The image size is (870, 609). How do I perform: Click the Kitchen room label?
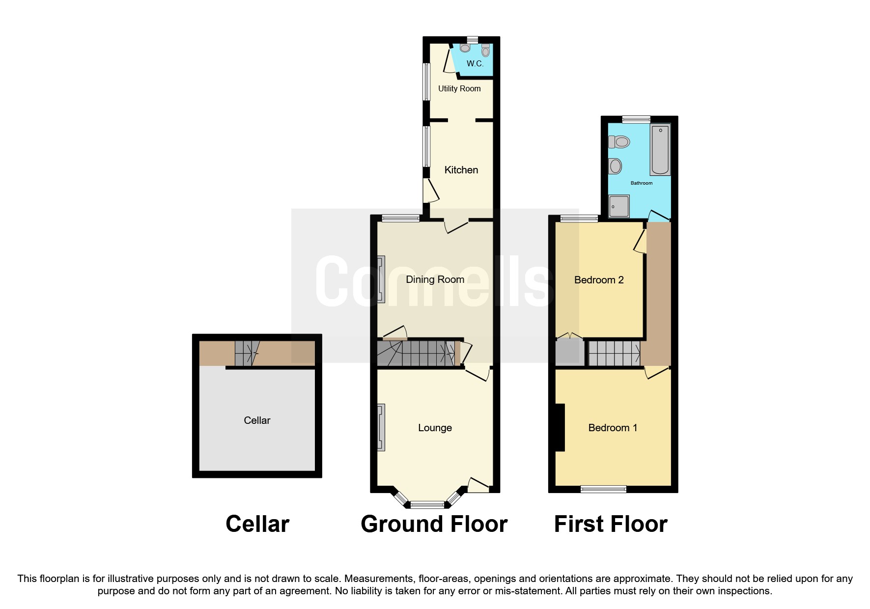pyautogui.click(x=461, y=170)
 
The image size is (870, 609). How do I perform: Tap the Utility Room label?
pyautogui.click(x=459, y=88)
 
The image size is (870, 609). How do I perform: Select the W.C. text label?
pyautogui.click(x=475, y=64)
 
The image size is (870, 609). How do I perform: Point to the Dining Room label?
pyautogui.click(x=435, y=279)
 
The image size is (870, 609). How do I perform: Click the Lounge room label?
pyautogui.click(x=435, y=428)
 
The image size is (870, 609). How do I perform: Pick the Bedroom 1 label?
pyautogui.click(x=613, y=428)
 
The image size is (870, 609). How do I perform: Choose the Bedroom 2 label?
pyautogui.click(x=599, y=280)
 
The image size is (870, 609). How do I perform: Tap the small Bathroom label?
pyautogui.click(x=642, y=183)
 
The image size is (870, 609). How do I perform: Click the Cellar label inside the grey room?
pyautogui.click(x=257, y=420)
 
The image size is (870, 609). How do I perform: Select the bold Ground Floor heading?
pyautogui.click(x=434, y=524)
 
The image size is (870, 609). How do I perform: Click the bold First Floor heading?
pyautogui.click(x=611, y=524)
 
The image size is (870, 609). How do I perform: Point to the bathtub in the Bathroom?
pyautogui.click(x=660, y=149)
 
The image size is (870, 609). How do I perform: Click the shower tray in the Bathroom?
pyautogui.click(x=619, y=206)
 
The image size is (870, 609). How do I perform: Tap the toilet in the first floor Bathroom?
pyautogui.click(x=619, y=142)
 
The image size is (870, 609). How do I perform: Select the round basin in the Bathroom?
pyautogui.click(x=615, y=166)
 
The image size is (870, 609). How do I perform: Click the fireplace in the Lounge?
pyautogui.click(x=381, y=427)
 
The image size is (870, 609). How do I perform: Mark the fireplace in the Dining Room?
pyautogui.click(x=381, y=279)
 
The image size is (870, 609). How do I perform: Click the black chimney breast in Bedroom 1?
pyautogui.click(x=560, y=427)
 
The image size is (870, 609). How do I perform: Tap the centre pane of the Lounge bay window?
pyautogui.click(x=427, y=503)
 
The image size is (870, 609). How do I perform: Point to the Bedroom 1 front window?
pyautogui.click(x=603, y=489)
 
